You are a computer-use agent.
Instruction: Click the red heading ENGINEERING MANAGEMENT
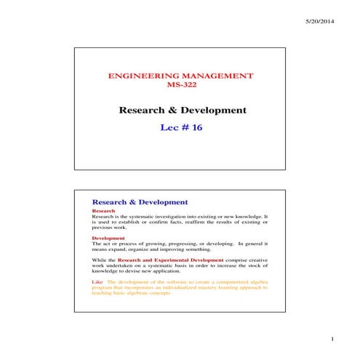pyautogui.click(x=180, y=76)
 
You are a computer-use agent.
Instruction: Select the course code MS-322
pyautogui.click(x=180, y=85)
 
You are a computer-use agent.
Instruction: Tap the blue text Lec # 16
pyautogui.click(x=180, y=128)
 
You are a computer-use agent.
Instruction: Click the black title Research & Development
pyautogui.click(x=183, y=111)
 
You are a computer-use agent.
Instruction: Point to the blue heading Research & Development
pyautogui.click(x=140, y=202)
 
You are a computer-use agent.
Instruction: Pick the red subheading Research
pyautogui.click(x=103, y=211)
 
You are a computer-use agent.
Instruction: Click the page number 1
pyautogui.click(x=331, y=339)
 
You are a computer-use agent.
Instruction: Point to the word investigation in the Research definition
pyautogui.click(x=179, y=217)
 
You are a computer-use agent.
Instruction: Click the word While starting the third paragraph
pyautogui.click(x=100, y=260)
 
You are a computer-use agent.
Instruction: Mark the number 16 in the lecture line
pyautogui.click(x=193, y=128)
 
